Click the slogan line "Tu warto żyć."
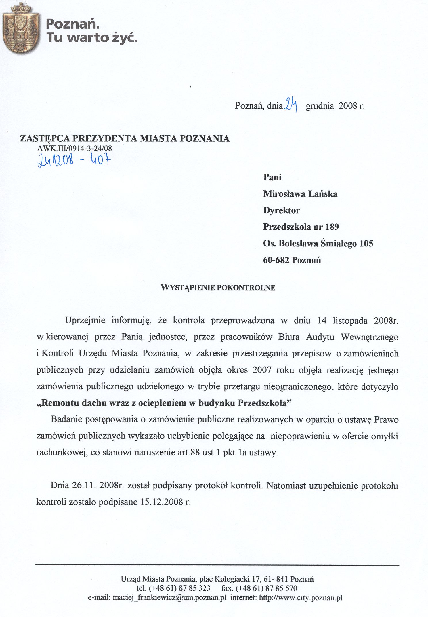[x=92, y=38]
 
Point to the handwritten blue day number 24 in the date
[x=291, y=105]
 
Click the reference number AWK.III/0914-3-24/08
[x=74, y=148]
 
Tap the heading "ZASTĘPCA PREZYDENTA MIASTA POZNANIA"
[x=125, y=138]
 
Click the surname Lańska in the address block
[x=323, y=194]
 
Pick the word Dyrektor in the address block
[x=281, y=210]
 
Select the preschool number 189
[x=332, y=227]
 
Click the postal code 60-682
[x=276, y=260]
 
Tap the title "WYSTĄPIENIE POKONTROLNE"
[x=218, y=287]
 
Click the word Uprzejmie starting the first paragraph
[x=85, y=320]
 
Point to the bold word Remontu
[x=58, y=403]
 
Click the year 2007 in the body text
[x=262, y=370]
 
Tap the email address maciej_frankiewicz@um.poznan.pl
[x=170, y=597]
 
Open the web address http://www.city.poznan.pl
[x=301, y=597]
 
